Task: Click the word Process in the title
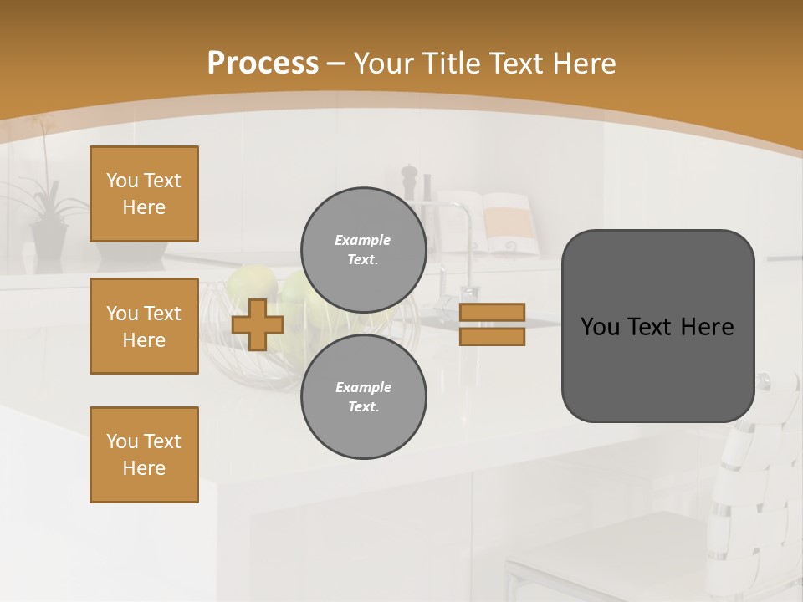(263, 64)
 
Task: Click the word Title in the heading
(450, 64)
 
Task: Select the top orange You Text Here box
(144, 194)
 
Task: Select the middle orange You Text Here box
(144, 326)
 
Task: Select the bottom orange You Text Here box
(144, 455)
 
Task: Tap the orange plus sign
(258, 324)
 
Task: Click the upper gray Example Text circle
(363, 249)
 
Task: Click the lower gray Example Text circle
(363, 396)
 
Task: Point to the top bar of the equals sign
(492, 313)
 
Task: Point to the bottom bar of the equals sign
(492, 337)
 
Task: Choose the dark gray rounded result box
(657, 326)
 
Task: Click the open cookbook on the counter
(494, 222)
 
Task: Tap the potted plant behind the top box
(49, 217)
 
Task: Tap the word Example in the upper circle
(362, 240)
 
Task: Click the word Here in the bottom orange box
(144, 468)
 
